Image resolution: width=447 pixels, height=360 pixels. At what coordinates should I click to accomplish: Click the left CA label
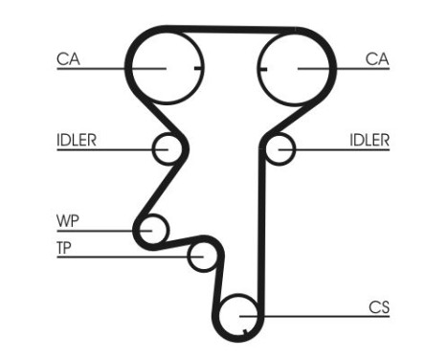(x=67, y=58)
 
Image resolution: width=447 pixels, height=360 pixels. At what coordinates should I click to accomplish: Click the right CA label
(x=377, y=58)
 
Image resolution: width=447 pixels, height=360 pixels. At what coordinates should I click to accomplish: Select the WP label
(x=67, y=222)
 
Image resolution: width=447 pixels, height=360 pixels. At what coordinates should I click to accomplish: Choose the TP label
(x=65, y=249)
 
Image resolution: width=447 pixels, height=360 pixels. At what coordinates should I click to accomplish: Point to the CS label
(x=379, y=307)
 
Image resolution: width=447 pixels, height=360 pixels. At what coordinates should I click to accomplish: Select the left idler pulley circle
(x=167, y=148)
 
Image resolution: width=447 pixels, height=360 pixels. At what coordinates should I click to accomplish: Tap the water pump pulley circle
(x=150, y=230)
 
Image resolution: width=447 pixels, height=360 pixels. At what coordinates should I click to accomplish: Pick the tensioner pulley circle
(x=203, y=256)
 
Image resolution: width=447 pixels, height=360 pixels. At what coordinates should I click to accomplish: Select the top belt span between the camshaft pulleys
(x=230, y=31)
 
